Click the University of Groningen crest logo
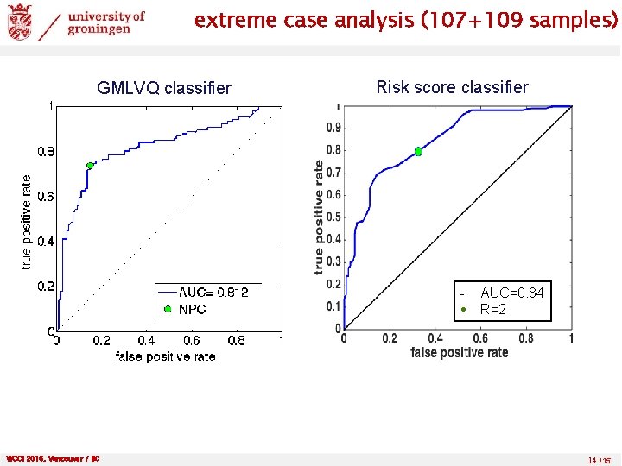pos(19,22)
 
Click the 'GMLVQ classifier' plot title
pos(164,88)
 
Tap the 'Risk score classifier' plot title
pos(452,87)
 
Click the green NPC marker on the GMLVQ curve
pos(89,166)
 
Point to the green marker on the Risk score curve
pos(418,152)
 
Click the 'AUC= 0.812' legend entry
pos(213,293)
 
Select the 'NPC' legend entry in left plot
pos(192,309)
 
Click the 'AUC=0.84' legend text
pos(511,293)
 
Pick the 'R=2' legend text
pos(493,309)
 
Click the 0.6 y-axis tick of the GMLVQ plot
pos(46,197)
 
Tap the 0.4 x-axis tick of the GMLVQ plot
pos(147,342)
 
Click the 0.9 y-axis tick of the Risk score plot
pos(332,128)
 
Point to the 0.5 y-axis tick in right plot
pos(332,217)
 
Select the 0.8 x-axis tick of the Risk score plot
pos(526,338)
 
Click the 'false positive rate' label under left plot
pos(165,356)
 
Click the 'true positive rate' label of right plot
pos(320,217)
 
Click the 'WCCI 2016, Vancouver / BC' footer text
pos(53,459)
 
